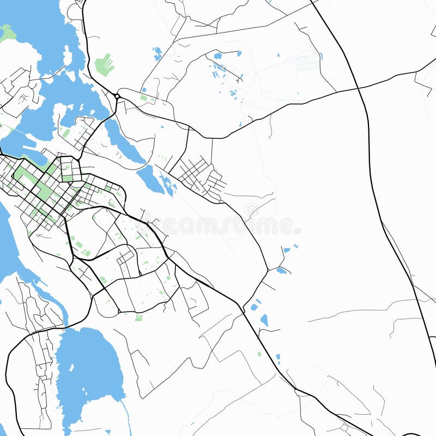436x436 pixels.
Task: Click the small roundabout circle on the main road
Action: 117,96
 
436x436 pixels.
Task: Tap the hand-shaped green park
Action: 104,65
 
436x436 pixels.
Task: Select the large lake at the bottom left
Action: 87,371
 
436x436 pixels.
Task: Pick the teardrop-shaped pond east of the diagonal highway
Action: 264,320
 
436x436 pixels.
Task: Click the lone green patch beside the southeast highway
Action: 259,354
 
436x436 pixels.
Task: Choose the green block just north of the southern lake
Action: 138,317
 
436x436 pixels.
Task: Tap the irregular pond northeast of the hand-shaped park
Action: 158,53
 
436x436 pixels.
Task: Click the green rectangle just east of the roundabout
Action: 143,98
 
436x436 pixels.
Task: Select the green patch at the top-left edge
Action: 7,34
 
